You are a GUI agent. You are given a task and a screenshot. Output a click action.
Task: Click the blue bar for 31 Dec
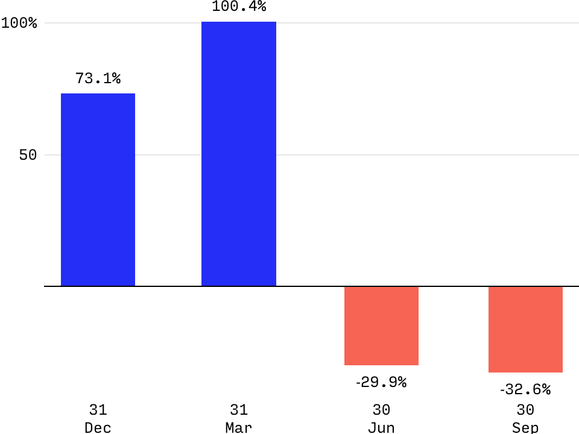98,189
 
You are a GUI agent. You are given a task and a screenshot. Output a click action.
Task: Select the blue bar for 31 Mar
239,154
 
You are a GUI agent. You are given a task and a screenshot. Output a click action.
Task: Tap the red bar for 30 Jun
381,325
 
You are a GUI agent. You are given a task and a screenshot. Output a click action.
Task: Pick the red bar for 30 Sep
525,329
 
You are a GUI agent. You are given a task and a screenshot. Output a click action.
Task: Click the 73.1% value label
98,78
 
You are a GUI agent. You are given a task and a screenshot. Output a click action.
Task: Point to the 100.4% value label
239,7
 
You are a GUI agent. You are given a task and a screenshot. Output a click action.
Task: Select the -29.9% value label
381,382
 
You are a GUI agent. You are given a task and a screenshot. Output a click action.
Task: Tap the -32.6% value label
525,390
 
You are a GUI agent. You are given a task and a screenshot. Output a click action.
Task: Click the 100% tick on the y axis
19,23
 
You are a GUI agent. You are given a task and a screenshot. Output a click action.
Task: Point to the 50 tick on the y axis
28,155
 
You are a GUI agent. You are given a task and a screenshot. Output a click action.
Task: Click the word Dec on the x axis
98,427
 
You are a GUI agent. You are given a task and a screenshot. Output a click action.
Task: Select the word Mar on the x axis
239,427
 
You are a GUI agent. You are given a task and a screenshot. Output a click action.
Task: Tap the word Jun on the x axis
381,427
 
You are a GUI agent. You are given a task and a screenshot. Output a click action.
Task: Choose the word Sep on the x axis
525,427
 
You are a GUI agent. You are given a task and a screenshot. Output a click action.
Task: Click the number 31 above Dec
98,410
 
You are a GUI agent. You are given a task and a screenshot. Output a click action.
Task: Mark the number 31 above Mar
239,410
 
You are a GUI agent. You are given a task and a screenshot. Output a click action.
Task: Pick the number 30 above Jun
381,410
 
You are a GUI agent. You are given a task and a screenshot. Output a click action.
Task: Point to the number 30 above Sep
525,410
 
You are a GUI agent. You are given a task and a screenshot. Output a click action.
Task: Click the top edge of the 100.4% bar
239,22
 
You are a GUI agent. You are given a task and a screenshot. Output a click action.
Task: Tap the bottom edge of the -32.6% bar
525,372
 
